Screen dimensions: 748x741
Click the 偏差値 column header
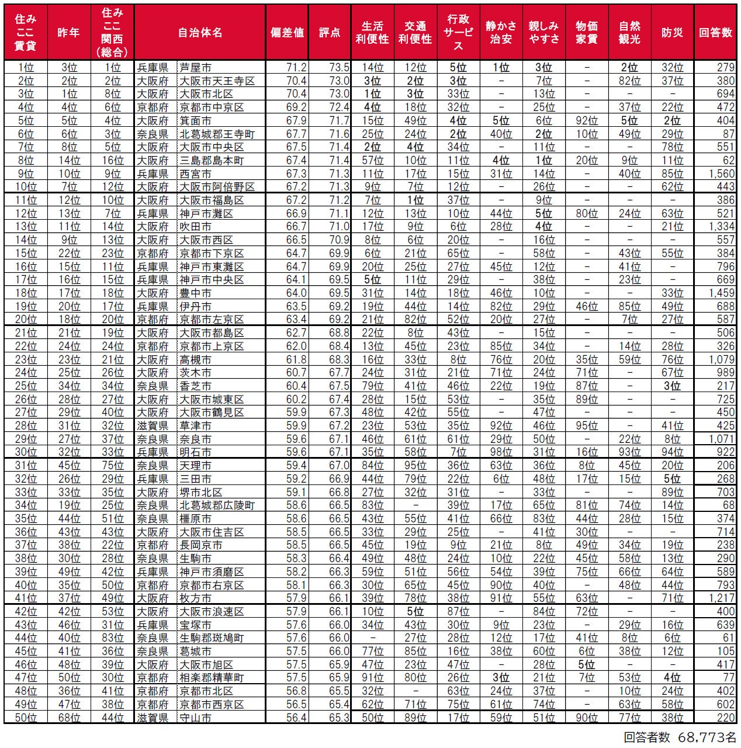point(287,32)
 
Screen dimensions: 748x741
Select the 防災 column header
point(672,32)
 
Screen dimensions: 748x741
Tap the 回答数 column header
point(715,32)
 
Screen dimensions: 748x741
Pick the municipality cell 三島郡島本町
point(211,160)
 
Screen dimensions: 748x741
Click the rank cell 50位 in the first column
point(26,718)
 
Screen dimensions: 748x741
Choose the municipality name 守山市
point(195,718)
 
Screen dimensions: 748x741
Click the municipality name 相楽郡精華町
point(211,678)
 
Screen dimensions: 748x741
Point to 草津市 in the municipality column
point(195,425)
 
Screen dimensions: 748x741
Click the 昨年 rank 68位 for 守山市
point(68,718)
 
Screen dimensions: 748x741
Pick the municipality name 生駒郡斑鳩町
point(211,638)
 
